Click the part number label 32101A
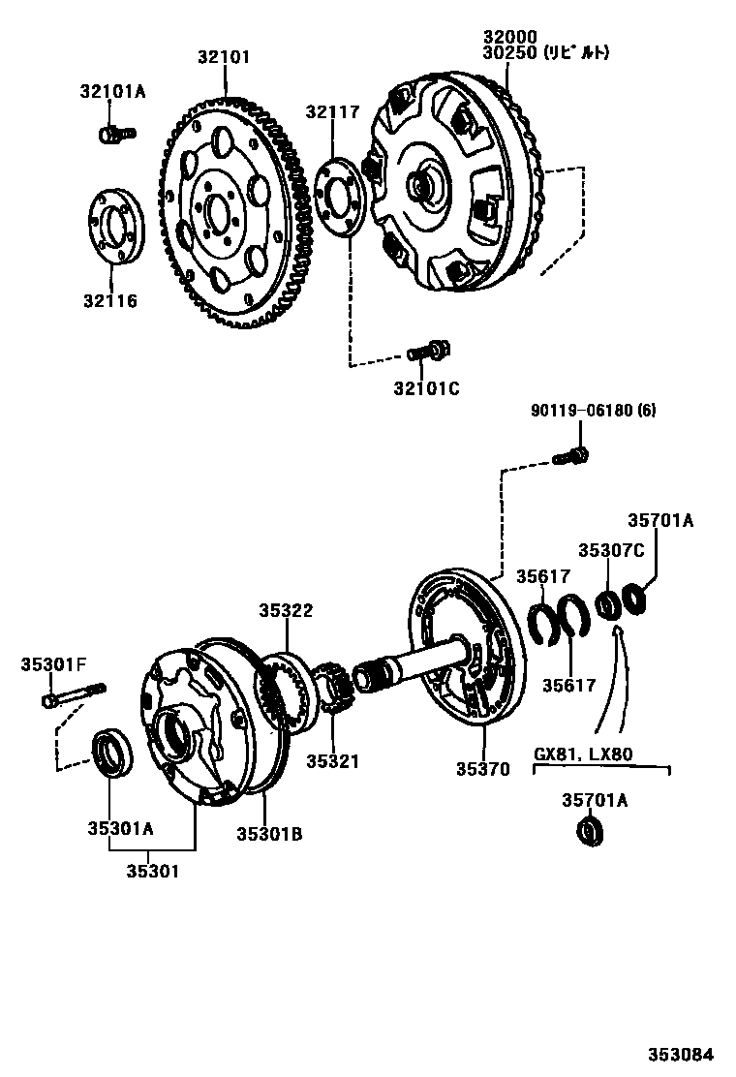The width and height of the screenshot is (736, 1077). click(112, 92)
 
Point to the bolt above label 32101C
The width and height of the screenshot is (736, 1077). click(425, 351)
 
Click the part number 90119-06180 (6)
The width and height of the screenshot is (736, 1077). click(593, 411)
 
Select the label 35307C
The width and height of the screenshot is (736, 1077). click(611, 550)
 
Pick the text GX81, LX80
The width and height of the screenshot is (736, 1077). click(583, 754)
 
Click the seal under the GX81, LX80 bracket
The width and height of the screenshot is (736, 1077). click(589, 831)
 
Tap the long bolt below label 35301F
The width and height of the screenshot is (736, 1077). click(73, 694)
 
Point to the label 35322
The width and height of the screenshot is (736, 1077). click(286, 610)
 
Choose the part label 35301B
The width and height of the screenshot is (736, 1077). click(269, 832)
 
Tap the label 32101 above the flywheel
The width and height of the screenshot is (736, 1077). click(224, 57)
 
